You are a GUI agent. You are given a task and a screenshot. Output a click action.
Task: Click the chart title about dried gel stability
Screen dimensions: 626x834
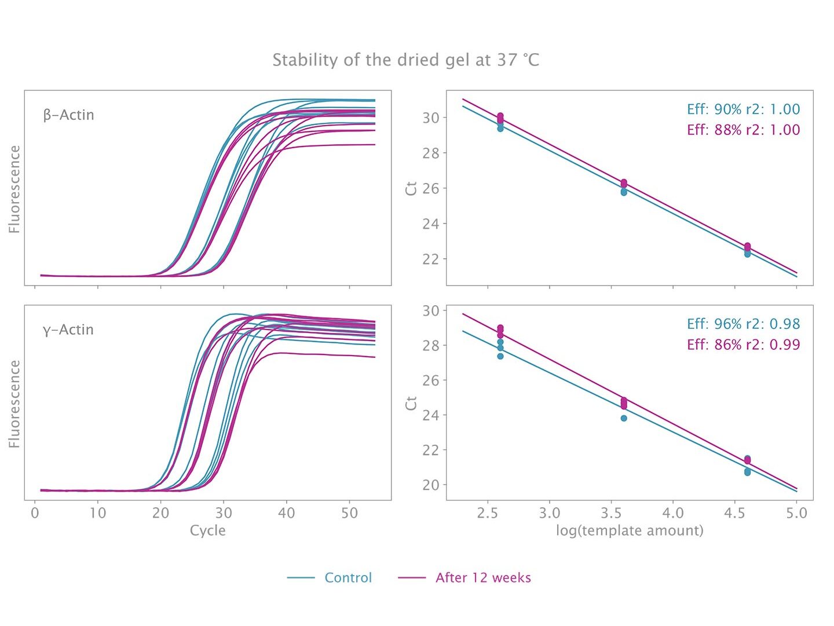pyautogui.click(x=405, y=60)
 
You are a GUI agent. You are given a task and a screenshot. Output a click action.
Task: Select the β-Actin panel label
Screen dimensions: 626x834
pyautogui.click(x=68, y=115)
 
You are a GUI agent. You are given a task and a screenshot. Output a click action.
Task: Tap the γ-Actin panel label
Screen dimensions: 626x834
pyautogui.click(x=68, y=330)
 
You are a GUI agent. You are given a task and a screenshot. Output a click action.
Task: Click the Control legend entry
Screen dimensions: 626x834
pyautogui.click(x=348, y=577)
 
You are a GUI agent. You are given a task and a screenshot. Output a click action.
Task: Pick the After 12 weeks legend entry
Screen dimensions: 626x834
pyautogui.click(x=483, y=577)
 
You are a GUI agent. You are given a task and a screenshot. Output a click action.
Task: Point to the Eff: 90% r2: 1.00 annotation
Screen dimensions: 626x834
pyautogui.click(x=743, y=109)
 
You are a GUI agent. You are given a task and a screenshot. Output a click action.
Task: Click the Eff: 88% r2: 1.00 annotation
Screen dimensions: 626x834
pyautogui.click(x=743, y=130)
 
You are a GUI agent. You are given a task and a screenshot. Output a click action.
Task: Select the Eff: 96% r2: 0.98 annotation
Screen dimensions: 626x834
pyautogui.click(x=743, y=324)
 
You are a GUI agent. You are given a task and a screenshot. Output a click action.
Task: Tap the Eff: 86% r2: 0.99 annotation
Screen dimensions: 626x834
pyautogui.click(x=743, y=345)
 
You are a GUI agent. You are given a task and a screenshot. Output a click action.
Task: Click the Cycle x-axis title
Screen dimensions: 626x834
pyautogui.click(x=207, y=530)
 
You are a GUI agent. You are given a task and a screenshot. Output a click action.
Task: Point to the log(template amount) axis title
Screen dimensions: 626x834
pyautogui.click(x=630, y=530)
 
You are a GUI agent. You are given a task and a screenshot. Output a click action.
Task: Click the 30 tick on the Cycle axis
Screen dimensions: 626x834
pyautogui.click(x=224, y=513)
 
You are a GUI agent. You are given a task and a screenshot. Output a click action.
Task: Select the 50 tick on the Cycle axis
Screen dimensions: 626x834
pyautogui.click(x=349, y=513)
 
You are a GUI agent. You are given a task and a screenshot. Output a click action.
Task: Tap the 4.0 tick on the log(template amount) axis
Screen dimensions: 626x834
pyautogui.click(x=673, y=513)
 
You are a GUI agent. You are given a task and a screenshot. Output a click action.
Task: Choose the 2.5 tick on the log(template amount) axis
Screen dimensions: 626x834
pyautogui.click(x=488, y=513)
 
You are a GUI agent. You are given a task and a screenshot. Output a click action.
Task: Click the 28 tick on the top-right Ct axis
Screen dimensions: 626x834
pyautogui.click(x=431, y=153)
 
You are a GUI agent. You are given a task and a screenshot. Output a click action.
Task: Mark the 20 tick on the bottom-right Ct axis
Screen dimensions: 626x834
pyautogui.click(x=431, y=485)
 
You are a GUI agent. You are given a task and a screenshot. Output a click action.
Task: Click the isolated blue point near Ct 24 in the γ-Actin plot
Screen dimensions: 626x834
pyautogui.click(x=624, y=418)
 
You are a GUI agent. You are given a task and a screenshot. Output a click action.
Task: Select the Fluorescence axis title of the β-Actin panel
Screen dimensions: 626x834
pyautogui.click(x=14, y=189)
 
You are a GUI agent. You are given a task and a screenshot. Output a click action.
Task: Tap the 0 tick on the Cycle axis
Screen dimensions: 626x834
pyautogui.click(x=35, y=513)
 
